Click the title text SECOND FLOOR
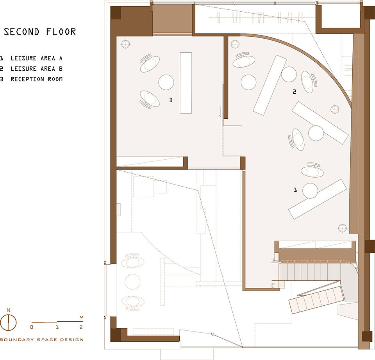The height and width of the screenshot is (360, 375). [40, 32]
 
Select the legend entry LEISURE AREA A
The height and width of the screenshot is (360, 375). [36, 58]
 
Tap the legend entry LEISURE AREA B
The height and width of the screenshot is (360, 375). [36, 69]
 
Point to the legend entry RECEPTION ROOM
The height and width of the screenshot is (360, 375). [36, 79]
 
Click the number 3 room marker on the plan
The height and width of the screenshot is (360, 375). [171, 100]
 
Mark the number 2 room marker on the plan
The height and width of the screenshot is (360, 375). [295, 91]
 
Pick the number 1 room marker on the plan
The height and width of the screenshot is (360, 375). [295, 190]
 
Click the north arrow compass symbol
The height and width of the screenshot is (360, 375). [8, 323]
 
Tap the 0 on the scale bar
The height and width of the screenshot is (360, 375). [32, 327]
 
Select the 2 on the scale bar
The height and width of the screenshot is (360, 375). [81, 327]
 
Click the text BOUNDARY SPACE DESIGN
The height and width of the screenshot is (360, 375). [42, 340]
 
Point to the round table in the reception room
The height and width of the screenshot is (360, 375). [166, 82]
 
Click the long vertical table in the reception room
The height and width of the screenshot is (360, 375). [186, 83]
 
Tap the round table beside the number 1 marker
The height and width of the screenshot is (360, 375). [310, 191]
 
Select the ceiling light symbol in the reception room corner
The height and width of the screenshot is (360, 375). [125, 44]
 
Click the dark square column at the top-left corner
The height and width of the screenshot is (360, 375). [116, 13]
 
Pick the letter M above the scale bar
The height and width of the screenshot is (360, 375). [82, 317]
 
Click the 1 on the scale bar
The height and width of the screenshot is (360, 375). [57, 327]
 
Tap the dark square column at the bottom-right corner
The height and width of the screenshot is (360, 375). [367, 336]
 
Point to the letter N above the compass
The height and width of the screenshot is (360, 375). [8, 310]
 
